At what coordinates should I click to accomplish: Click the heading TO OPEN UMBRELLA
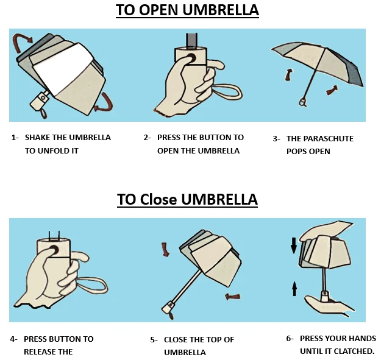tap(188, 10)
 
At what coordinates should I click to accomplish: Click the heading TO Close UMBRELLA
tap(188, 199)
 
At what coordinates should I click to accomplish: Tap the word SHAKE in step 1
tap(38, 138)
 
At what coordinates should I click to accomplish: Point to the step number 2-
tap(148, 138)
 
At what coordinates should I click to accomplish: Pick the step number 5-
tap(153, 340)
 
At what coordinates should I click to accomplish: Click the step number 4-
tap(13, 339)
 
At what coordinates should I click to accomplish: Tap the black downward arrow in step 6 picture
tap(294, 245)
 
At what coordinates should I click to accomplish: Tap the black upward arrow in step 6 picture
tap(294, 288)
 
